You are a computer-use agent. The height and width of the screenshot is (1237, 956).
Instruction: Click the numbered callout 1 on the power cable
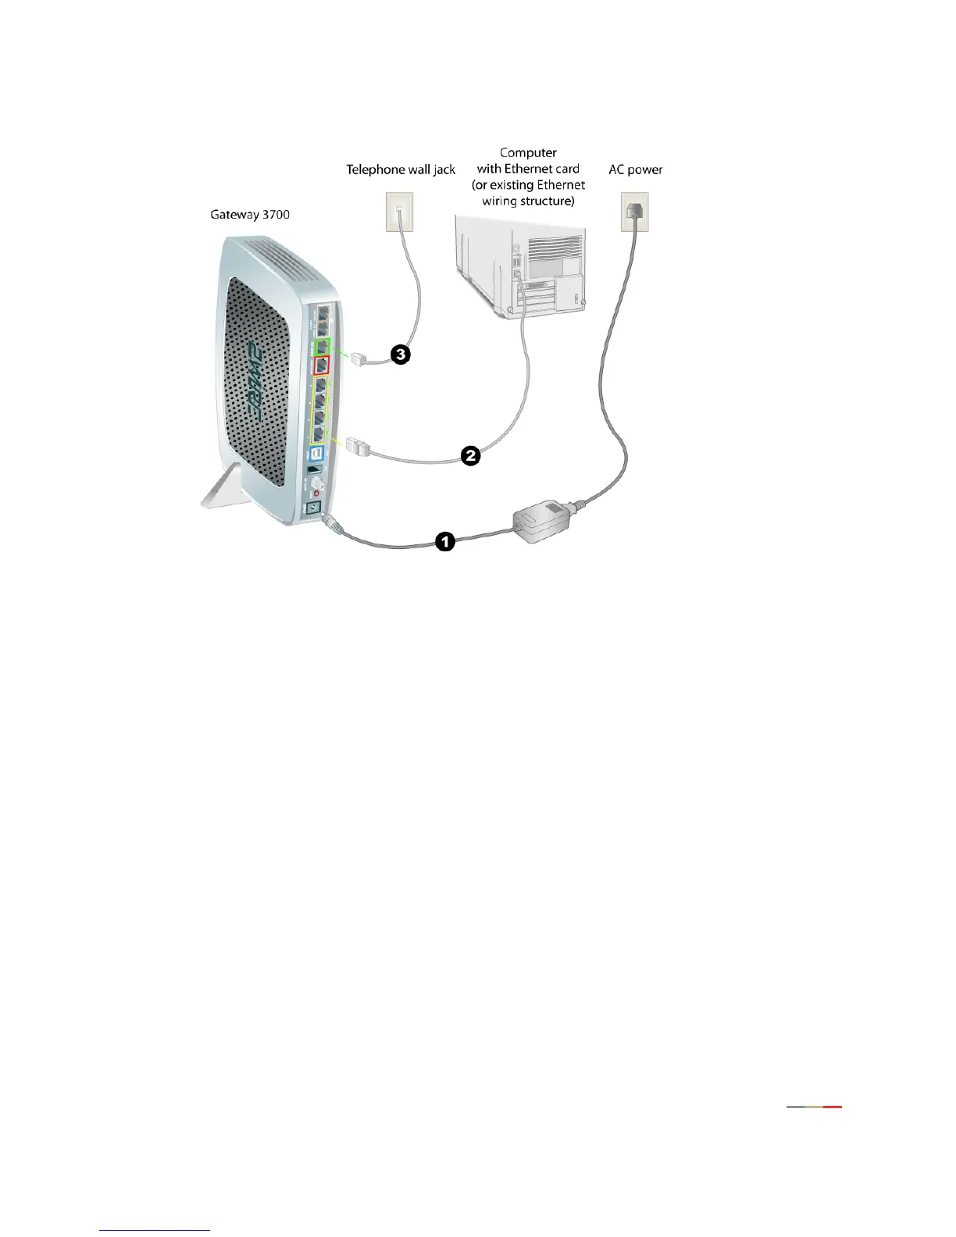[444, 541]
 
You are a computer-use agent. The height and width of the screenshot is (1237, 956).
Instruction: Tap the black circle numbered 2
[469, 455]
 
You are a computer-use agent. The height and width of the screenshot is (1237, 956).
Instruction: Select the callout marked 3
[400, 355]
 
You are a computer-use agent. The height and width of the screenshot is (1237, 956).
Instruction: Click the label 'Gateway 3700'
[250, 214]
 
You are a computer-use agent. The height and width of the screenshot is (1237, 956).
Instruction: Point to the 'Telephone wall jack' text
[401, 169]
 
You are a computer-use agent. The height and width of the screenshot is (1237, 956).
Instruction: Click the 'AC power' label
[635, 169]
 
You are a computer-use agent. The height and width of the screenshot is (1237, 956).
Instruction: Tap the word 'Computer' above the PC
[528, 152]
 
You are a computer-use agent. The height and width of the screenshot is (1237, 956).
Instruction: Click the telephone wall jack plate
[399, 212]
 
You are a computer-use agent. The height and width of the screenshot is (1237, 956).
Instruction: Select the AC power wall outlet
[634, 212]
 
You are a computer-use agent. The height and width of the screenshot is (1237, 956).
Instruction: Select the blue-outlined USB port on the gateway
[317, 453]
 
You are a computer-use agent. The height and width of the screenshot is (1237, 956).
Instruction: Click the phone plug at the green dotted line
[358, 360]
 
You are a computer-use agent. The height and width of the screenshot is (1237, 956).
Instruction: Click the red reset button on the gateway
[316, 492]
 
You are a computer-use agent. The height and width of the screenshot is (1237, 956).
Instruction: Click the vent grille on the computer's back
[555, 250]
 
